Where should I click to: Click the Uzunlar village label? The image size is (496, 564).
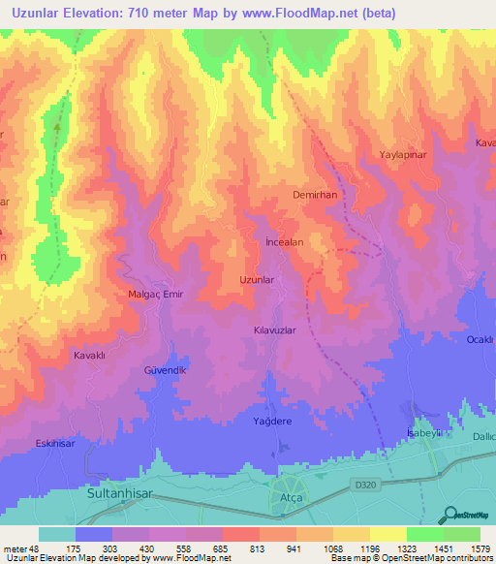(258, 280)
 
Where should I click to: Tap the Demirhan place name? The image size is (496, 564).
(314, 195)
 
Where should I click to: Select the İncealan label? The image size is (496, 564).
(285, 242)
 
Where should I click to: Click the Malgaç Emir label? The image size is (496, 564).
(155, 294)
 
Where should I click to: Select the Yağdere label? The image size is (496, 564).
(273, 422)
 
